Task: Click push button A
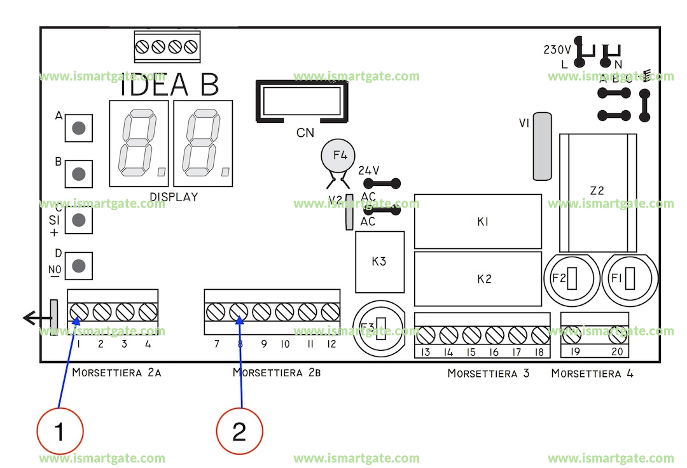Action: [78, 128]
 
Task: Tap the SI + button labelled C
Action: [78, 220]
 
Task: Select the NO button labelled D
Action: [78, 265]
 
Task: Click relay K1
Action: [478, 222]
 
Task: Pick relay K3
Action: [380, 262]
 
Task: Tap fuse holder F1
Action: [630, 279]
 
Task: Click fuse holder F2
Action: [571, 279]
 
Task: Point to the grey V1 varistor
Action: [541, 146]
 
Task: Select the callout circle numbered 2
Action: [239, 432]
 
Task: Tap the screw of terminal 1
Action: [79, 311]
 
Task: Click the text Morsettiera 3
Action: [488, 373]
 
